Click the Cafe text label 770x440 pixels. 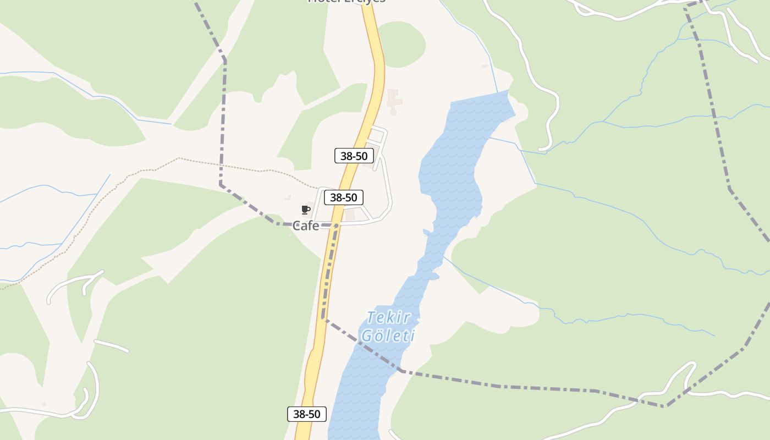coord(306,226)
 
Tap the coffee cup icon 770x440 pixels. coord(306,210)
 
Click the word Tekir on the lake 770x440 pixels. coord(388,318)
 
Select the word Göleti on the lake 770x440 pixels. coord(387,335)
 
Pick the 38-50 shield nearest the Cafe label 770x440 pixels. coord(343,197)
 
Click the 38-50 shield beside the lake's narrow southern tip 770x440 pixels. coord(307,414)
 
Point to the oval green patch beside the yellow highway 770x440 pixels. coord(402,44)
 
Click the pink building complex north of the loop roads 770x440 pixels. coord(394,101)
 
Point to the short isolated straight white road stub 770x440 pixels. coord(111,345)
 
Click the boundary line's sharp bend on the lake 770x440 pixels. coord(402,371)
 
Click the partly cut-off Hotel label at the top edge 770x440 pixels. coord(346,2)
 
